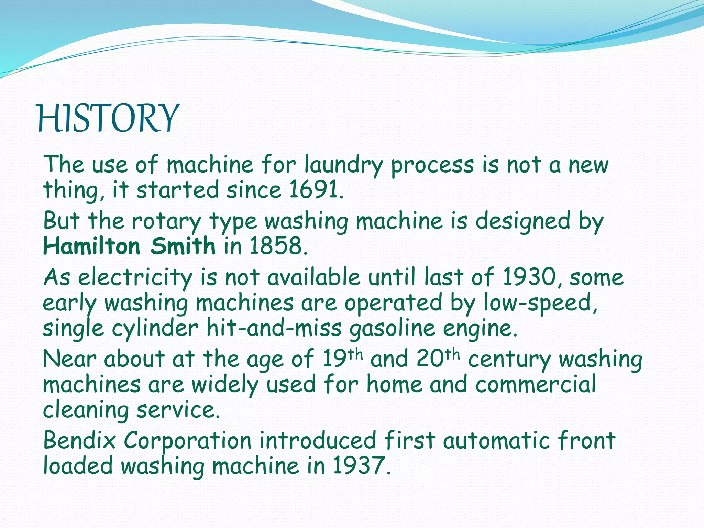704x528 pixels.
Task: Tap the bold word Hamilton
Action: pos(92,246)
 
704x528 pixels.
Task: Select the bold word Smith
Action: pos(183,246)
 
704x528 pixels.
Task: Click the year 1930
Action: pos(529,277)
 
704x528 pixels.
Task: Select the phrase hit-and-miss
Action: pos(274,328)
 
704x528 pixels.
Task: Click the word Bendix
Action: pos(79,440)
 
